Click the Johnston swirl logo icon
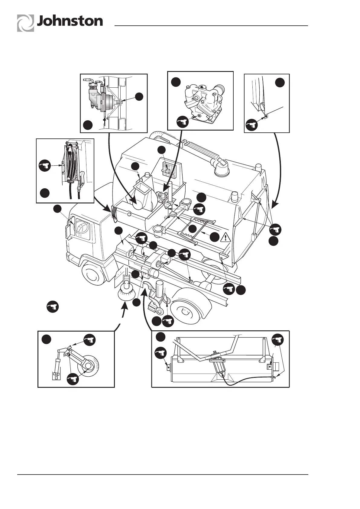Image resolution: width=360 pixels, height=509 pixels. click(x=25, y=23)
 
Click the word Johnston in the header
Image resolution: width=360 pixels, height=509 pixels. click(x=70, y=21)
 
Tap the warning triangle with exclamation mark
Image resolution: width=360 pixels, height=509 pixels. click(x=226, y=237)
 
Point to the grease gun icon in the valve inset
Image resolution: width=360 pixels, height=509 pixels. click(x=183, y=122)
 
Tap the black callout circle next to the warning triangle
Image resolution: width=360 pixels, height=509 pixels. click(x=214, y=237)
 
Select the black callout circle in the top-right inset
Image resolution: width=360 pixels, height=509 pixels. click(x=280, y=83)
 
